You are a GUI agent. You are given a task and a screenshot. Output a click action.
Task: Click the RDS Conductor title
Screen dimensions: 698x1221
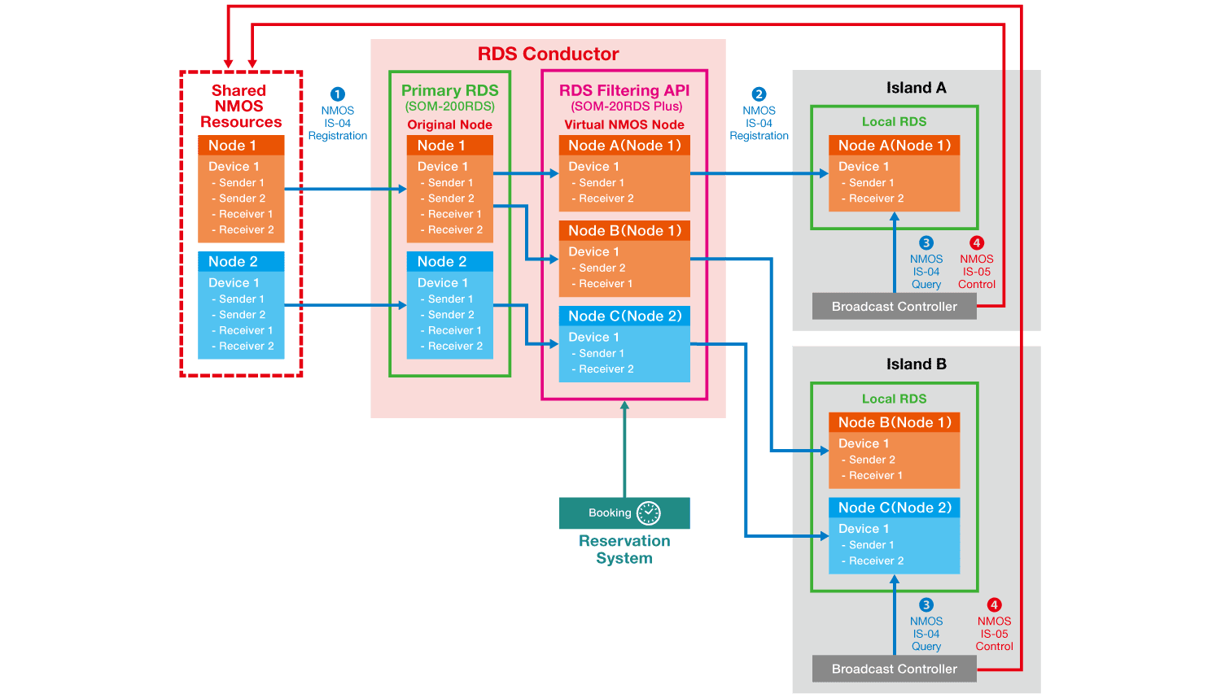click(x=548, y=55)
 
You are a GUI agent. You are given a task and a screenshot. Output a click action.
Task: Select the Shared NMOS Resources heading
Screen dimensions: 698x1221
click(x=240, y=107)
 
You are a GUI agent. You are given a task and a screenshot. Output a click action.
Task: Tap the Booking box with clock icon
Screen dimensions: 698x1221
click(x=624, y=513)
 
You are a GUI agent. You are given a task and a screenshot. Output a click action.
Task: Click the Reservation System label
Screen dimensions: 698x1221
click(x=624, y=550)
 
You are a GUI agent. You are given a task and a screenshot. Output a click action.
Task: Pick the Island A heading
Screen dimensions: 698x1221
click(x=916, y=88)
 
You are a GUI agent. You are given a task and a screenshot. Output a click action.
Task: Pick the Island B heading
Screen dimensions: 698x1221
click(x=916, y=364)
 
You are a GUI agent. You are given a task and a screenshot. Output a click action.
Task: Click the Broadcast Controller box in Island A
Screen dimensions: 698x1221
click(x=894, y=307)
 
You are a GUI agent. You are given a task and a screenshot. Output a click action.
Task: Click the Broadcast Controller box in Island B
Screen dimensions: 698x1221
click(x=894, y=669)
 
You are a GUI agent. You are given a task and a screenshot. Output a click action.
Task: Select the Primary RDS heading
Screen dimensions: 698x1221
click(x=449, y=90)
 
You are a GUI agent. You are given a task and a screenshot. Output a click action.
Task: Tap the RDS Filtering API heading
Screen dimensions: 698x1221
click(x=624, y=90)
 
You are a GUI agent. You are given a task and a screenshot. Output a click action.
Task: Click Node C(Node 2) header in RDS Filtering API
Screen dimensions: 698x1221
click(x=624, y=316)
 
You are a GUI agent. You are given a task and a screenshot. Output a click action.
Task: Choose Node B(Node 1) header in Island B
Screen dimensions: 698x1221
click(x=894, y=422)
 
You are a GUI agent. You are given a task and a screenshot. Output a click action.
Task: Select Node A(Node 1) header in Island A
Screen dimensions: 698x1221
click(x=894, y=146)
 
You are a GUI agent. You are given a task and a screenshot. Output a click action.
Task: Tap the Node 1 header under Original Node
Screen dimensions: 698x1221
click(x=449, y=146)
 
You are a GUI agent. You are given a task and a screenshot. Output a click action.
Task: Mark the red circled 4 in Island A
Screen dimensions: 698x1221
click(x=977, y=242)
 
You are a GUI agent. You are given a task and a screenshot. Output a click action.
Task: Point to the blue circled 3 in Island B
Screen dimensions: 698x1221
click(x=926, y=604)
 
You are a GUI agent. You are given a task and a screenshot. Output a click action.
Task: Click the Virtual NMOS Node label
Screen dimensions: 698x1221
click(x=624, y=124)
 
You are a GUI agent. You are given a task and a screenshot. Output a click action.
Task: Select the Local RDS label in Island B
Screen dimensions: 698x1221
click(x=894, y=399)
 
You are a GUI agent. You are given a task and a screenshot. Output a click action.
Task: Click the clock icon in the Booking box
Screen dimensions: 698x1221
click(x=648, y=513)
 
